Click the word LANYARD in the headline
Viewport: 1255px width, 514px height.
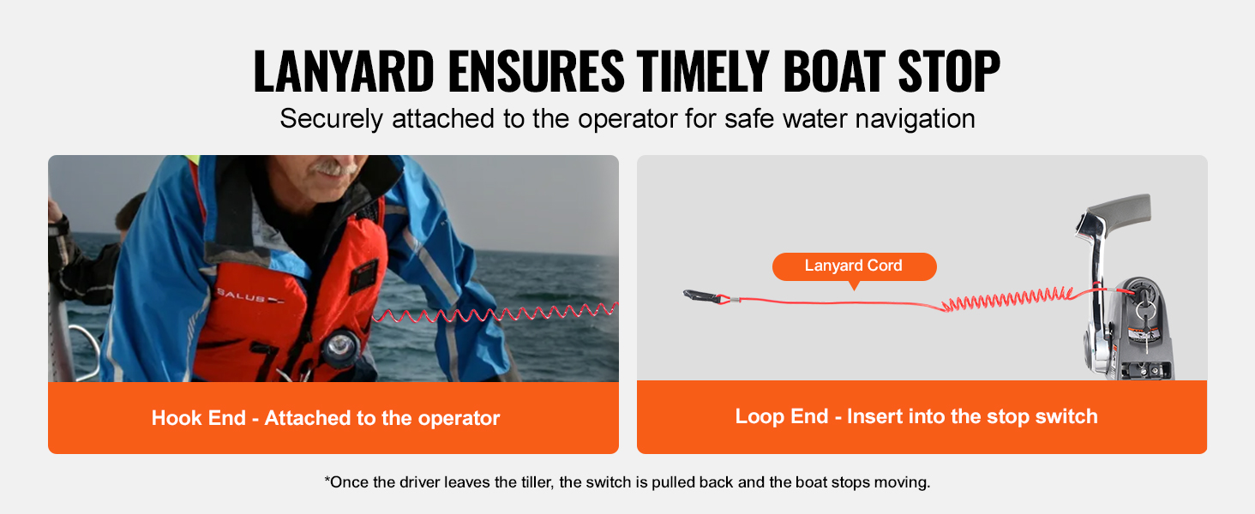pyautogui.click(x=344, y=70)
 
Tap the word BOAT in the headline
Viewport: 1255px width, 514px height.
pyautogui.click(x=834, y=70)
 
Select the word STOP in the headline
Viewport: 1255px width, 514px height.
pyautogui.click(x=949, y=70)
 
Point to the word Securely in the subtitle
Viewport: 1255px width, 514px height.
pyautogui.click(x=331, y=119)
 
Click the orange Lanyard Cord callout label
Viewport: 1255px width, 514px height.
pyautogui.click(x=854, y=266)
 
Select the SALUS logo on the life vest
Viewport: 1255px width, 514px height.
pyautogui.click(x=249, y=296)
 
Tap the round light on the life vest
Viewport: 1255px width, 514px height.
pyautogui.click(x=340, y=345)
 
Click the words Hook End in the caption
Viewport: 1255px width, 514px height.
pyautogui.click(x=198, y=418)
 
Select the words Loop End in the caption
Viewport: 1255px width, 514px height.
pyautogui.click(x=782, y=416)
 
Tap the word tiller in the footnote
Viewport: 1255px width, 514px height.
pyautogui.click(x=537, y=482)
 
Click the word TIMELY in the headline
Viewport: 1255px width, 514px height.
pyautogui.click(x=703, y=70)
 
